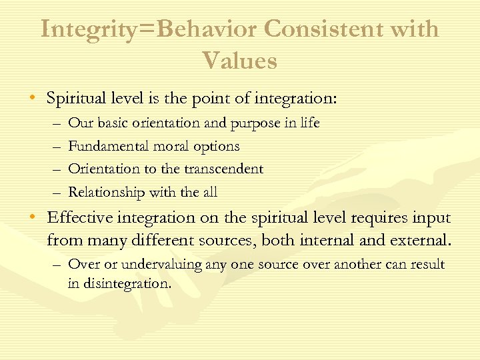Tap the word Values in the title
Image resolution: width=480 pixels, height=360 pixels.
pos(240,61)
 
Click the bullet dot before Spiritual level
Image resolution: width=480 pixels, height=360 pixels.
pos(33,99)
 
